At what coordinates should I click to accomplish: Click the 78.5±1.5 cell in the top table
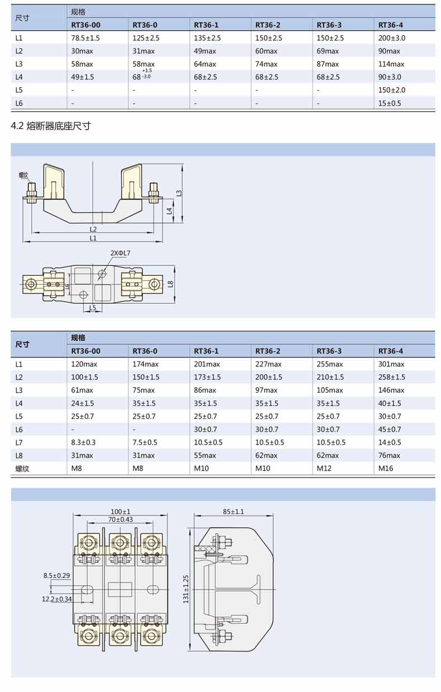(85, 38)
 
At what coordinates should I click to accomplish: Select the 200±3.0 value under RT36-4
(391, 38)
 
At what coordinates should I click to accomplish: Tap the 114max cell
(391, 64)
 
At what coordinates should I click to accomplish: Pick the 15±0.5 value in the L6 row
(390, 103)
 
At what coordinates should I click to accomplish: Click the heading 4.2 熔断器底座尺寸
(51, 126)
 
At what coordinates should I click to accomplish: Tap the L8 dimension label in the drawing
(171, 283)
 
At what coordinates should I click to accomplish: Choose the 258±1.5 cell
(391, 377)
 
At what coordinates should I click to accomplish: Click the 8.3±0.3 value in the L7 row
(84, 442)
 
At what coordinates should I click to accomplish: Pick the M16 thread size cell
(386, 469)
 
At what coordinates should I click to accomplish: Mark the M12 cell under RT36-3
(324, 469)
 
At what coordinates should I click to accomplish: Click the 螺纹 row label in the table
(22, 469)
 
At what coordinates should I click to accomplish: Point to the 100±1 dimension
(120, 512)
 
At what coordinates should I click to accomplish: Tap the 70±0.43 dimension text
(120, 519)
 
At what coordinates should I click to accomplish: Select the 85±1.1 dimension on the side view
(233, 512)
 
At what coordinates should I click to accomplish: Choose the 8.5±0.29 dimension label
(56, 575)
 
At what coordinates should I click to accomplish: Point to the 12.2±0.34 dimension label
(56, 599)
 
